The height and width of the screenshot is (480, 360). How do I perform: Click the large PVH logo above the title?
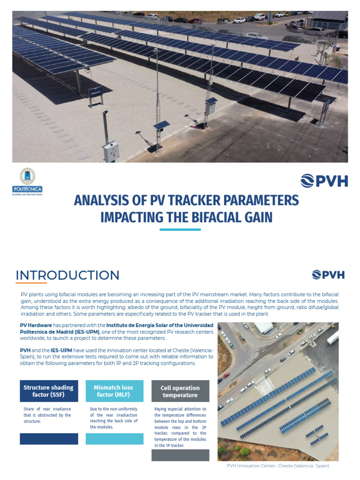[323, 180]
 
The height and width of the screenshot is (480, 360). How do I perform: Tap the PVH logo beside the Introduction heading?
[328, 275]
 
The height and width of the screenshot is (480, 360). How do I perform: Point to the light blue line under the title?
[180, 230]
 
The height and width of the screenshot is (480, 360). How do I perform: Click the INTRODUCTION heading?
[67, 275]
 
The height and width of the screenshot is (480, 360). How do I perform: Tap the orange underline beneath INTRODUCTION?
[31, 283]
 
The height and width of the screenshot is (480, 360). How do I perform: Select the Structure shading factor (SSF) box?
[49, 391]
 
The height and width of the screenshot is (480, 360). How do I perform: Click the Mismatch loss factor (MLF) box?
[113, 391]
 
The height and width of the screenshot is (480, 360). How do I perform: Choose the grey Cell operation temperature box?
[180, 391]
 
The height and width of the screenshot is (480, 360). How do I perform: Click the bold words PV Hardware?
[36, 325]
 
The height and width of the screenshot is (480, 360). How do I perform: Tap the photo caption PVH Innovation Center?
[277, 466]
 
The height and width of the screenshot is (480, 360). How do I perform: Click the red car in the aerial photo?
[226, 375]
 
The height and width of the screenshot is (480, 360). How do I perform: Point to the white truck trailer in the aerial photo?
[333, 337]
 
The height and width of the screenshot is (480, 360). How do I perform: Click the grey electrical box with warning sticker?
[111, 151]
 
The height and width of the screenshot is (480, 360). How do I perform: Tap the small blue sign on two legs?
[96, 92]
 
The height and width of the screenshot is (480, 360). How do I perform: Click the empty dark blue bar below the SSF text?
[49, 439]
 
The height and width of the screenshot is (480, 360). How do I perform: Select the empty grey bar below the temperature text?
[180, 455]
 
